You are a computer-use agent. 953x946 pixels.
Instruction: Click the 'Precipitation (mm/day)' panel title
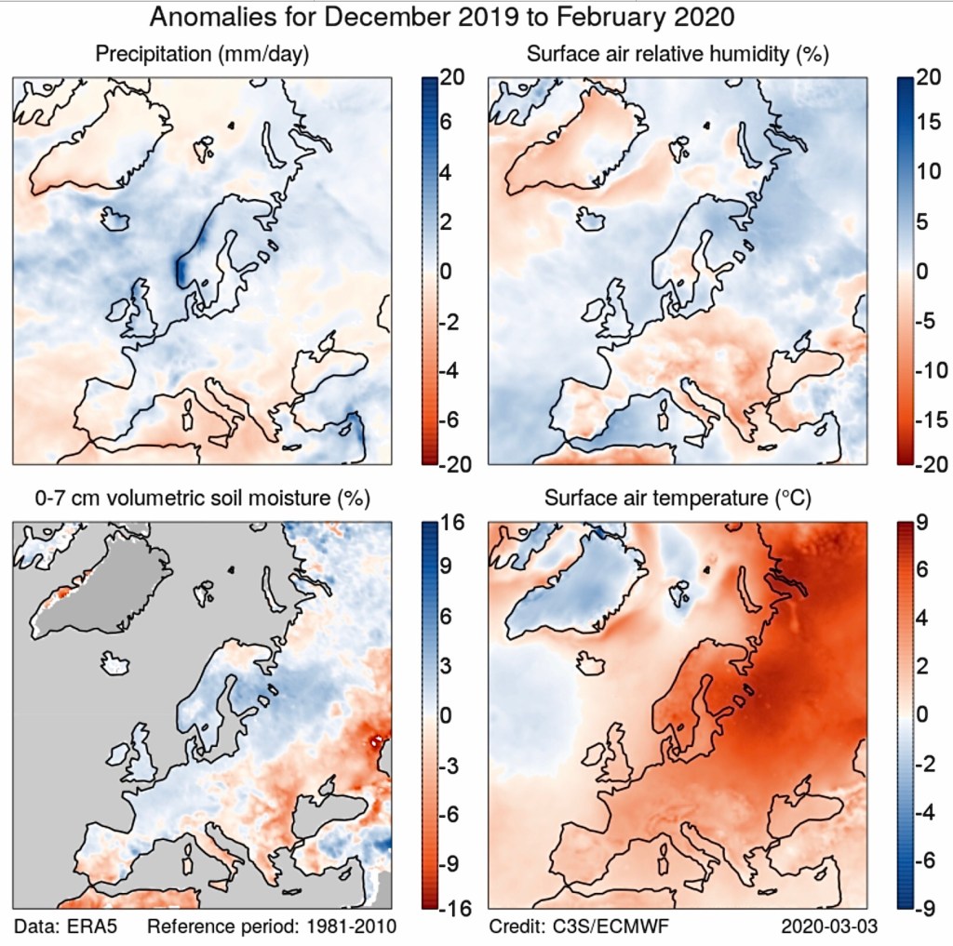click(x=203, y=55)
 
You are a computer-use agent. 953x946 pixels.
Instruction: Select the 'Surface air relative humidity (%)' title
click(x=678, y=55)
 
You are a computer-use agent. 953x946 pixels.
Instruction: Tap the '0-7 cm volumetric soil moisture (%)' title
click(x=203, y=499)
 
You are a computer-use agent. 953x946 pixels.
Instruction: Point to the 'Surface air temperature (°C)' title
click(x=678, y=499)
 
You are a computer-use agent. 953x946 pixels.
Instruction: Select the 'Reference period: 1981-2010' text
click(x=272, y=926)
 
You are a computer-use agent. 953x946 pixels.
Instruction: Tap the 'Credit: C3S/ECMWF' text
click(x=578, y=926)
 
